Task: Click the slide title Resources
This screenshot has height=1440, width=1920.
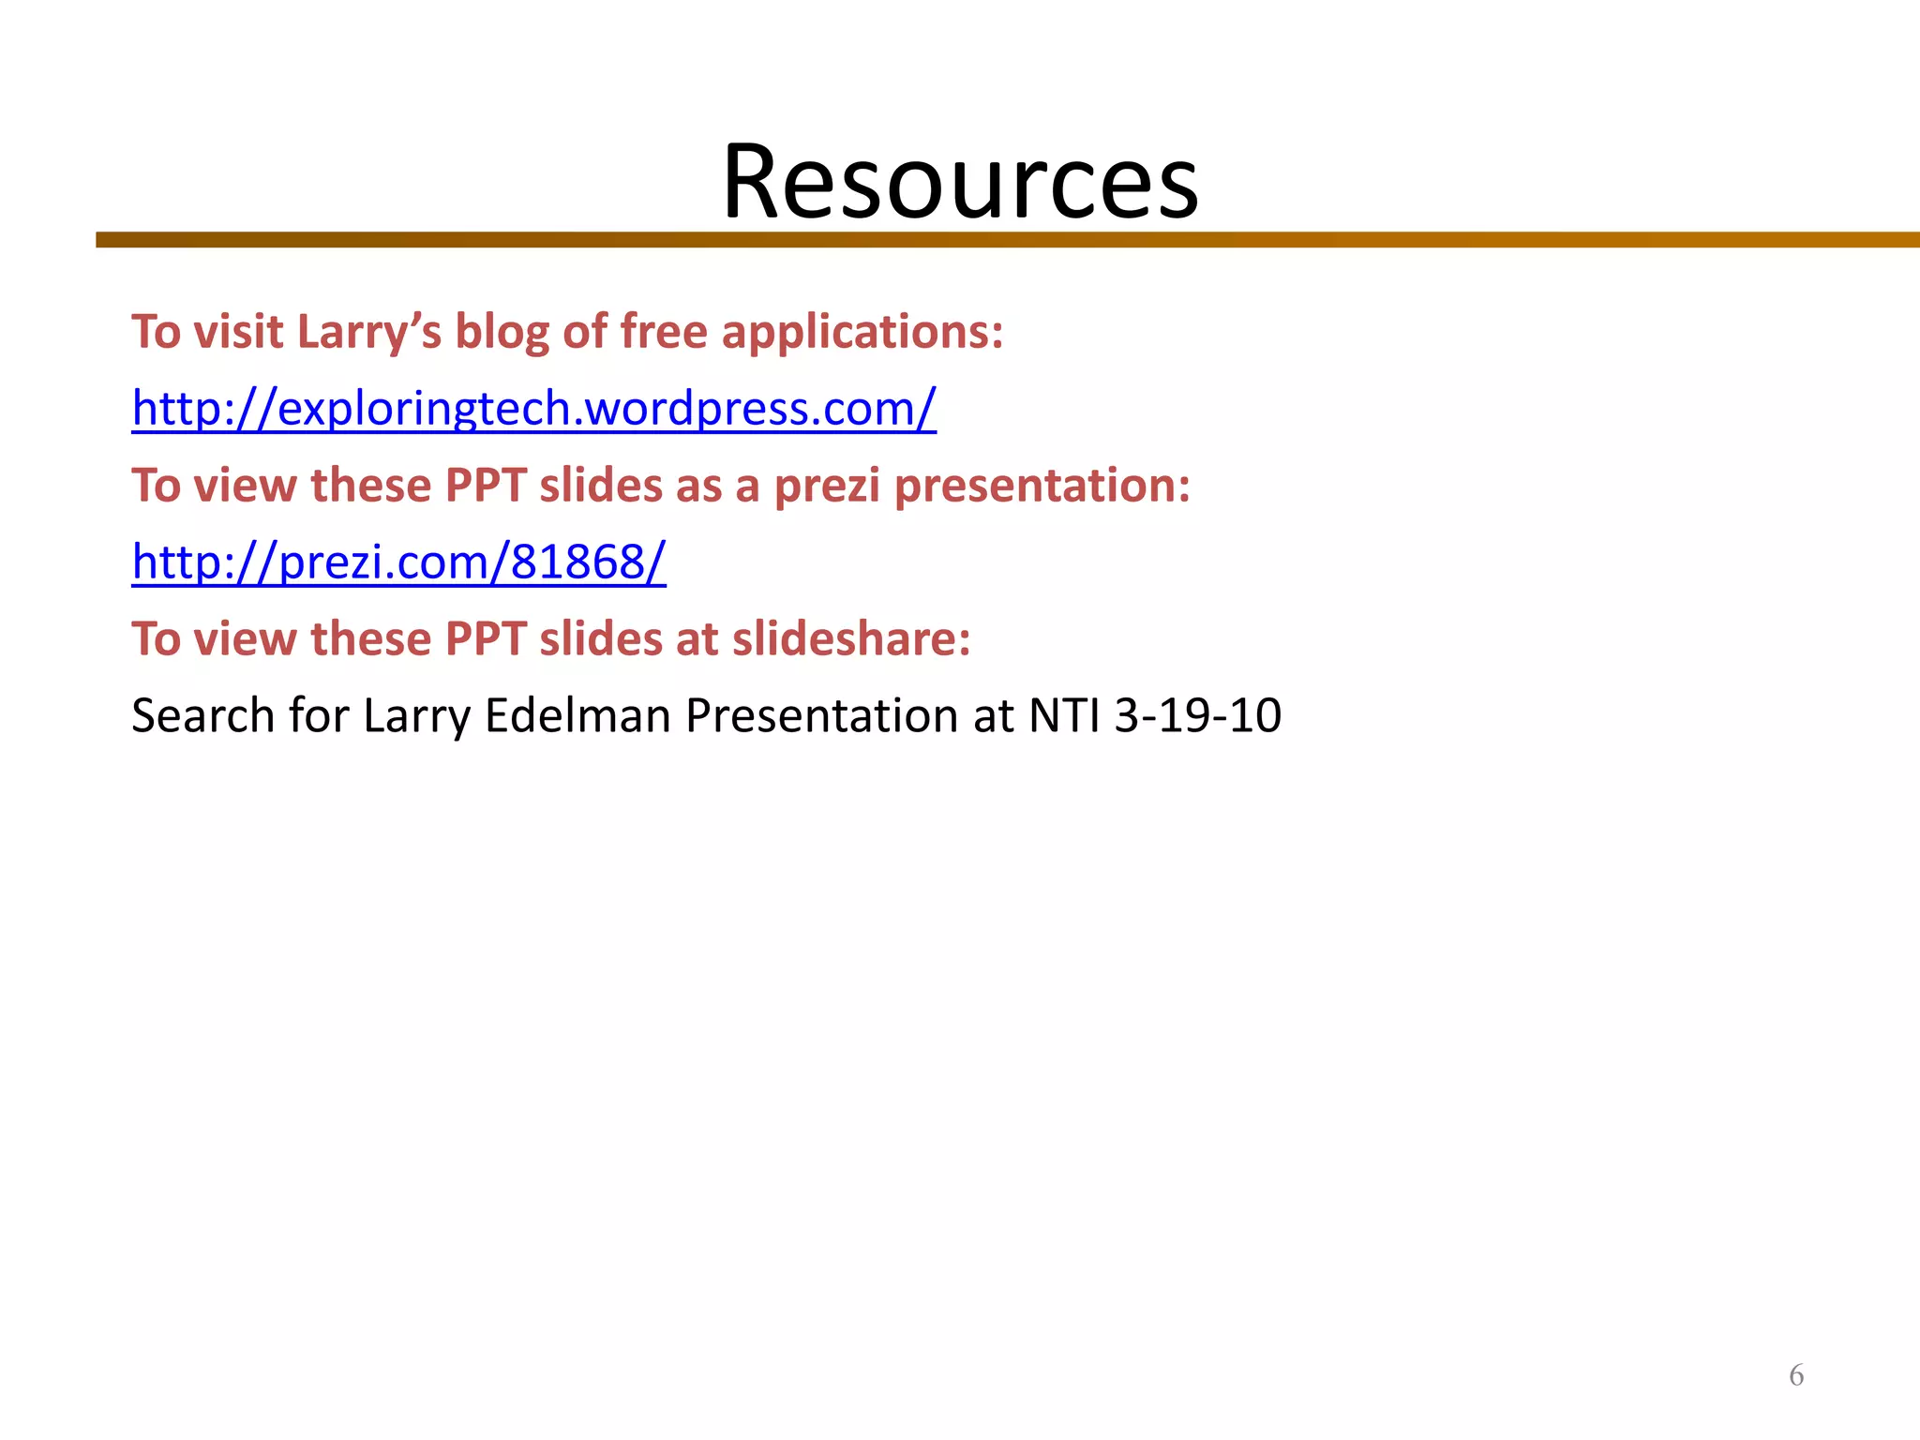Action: (x=960, y=182)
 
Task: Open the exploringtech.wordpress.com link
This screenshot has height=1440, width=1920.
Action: (x=533, y=409)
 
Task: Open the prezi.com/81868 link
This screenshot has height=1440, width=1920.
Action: (x=398, y=562)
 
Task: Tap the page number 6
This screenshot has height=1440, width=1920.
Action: (x=1796, y=1375)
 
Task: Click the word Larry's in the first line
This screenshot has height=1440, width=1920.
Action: (x=368, y=333)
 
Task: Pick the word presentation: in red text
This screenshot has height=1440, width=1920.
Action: (x=1042, y=487)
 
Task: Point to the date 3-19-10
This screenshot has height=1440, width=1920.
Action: (x=1197, y=716)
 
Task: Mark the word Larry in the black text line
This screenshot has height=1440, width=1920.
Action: (x=416, y=716)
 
